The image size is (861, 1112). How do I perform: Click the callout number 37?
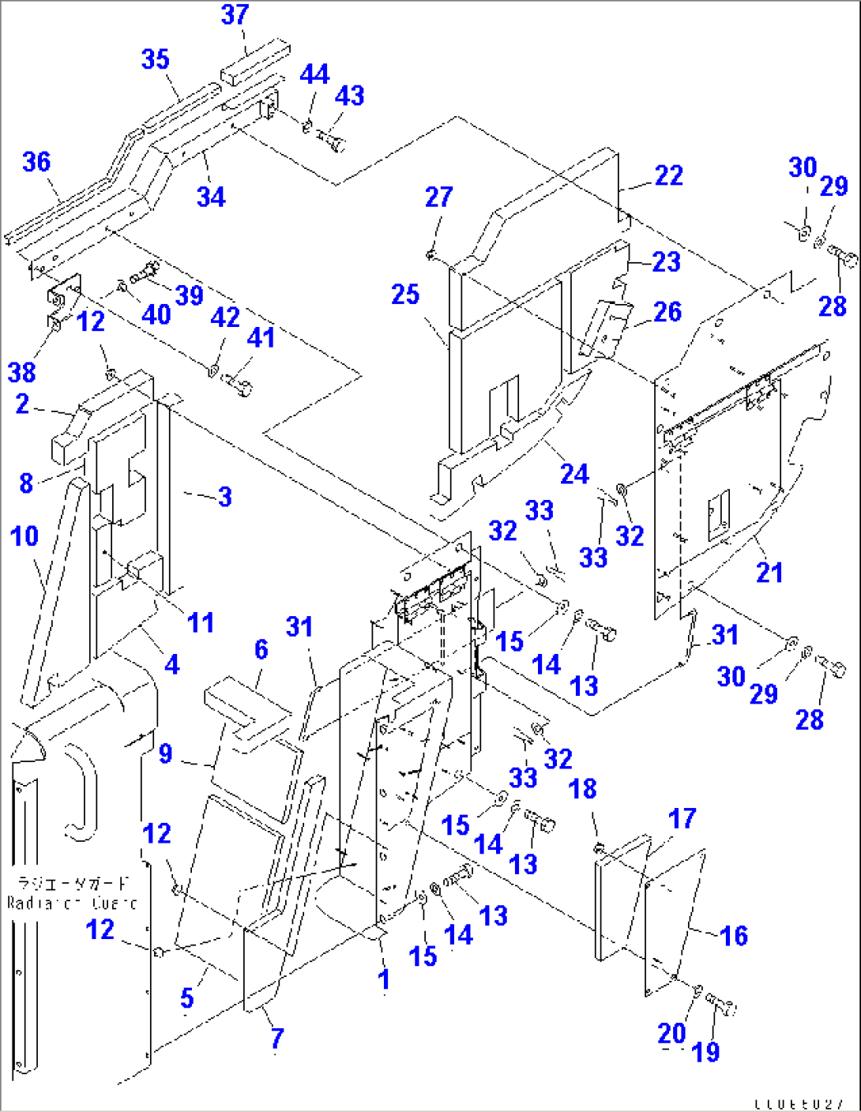(x=235, y=15)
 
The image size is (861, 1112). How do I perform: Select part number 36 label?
(x=36, y=162)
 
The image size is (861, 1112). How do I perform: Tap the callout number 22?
(x=668, y=175)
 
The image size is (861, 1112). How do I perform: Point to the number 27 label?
(x=438, y=197)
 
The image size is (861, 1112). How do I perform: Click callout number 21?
(x=769, y=572)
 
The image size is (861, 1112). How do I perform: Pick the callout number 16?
(x=734, y=936)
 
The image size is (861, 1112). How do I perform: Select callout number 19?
(x=705, y=1052)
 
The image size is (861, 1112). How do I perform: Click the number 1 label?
(x=384, y=979)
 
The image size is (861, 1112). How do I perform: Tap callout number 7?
(x=276, y=1039)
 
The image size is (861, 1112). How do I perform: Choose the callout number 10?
(x=24, y=536)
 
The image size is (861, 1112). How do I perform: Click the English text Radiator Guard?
(x=71, y=903)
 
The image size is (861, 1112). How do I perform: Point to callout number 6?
(x=261, y=650)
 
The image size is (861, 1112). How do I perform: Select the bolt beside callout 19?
(x=722, y=1005)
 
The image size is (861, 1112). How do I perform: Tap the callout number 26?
(x=667, y=312)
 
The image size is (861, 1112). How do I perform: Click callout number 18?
(x=582, y=789)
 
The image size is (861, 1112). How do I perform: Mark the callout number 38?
(x=22, y=372)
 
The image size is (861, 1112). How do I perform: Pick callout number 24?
(x=574, y=474)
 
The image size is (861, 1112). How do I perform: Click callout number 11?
(x=201, y=622)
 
